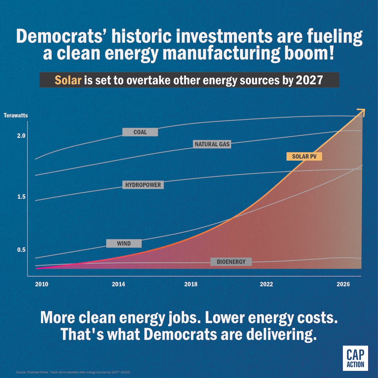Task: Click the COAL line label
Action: coord(140,132)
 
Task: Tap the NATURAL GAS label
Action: coord(212,144)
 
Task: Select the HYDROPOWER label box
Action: coord(143,185)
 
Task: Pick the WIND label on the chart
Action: coord(124,243)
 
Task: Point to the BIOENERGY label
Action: coord(231,262)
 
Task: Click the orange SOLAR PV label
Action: coord(304,157)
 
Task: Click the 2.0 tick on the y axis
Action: coord(21,136)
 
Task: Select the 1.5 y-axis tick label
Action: coord(21,197)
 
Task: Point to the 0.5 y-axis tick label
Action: coord(21,250)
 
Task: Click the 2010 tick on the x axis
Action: coord(42,284)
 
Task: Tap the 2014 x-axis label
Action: coord(118,284)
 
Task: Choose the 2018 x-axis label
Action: coord(191,284)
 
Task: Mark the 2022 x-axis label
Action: coord(266,284)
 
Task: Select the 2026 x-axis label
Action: coord(343,284)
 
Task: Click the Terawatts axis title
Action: coord(16,115)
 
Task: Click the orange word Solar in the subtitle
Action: coord(68,80)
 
